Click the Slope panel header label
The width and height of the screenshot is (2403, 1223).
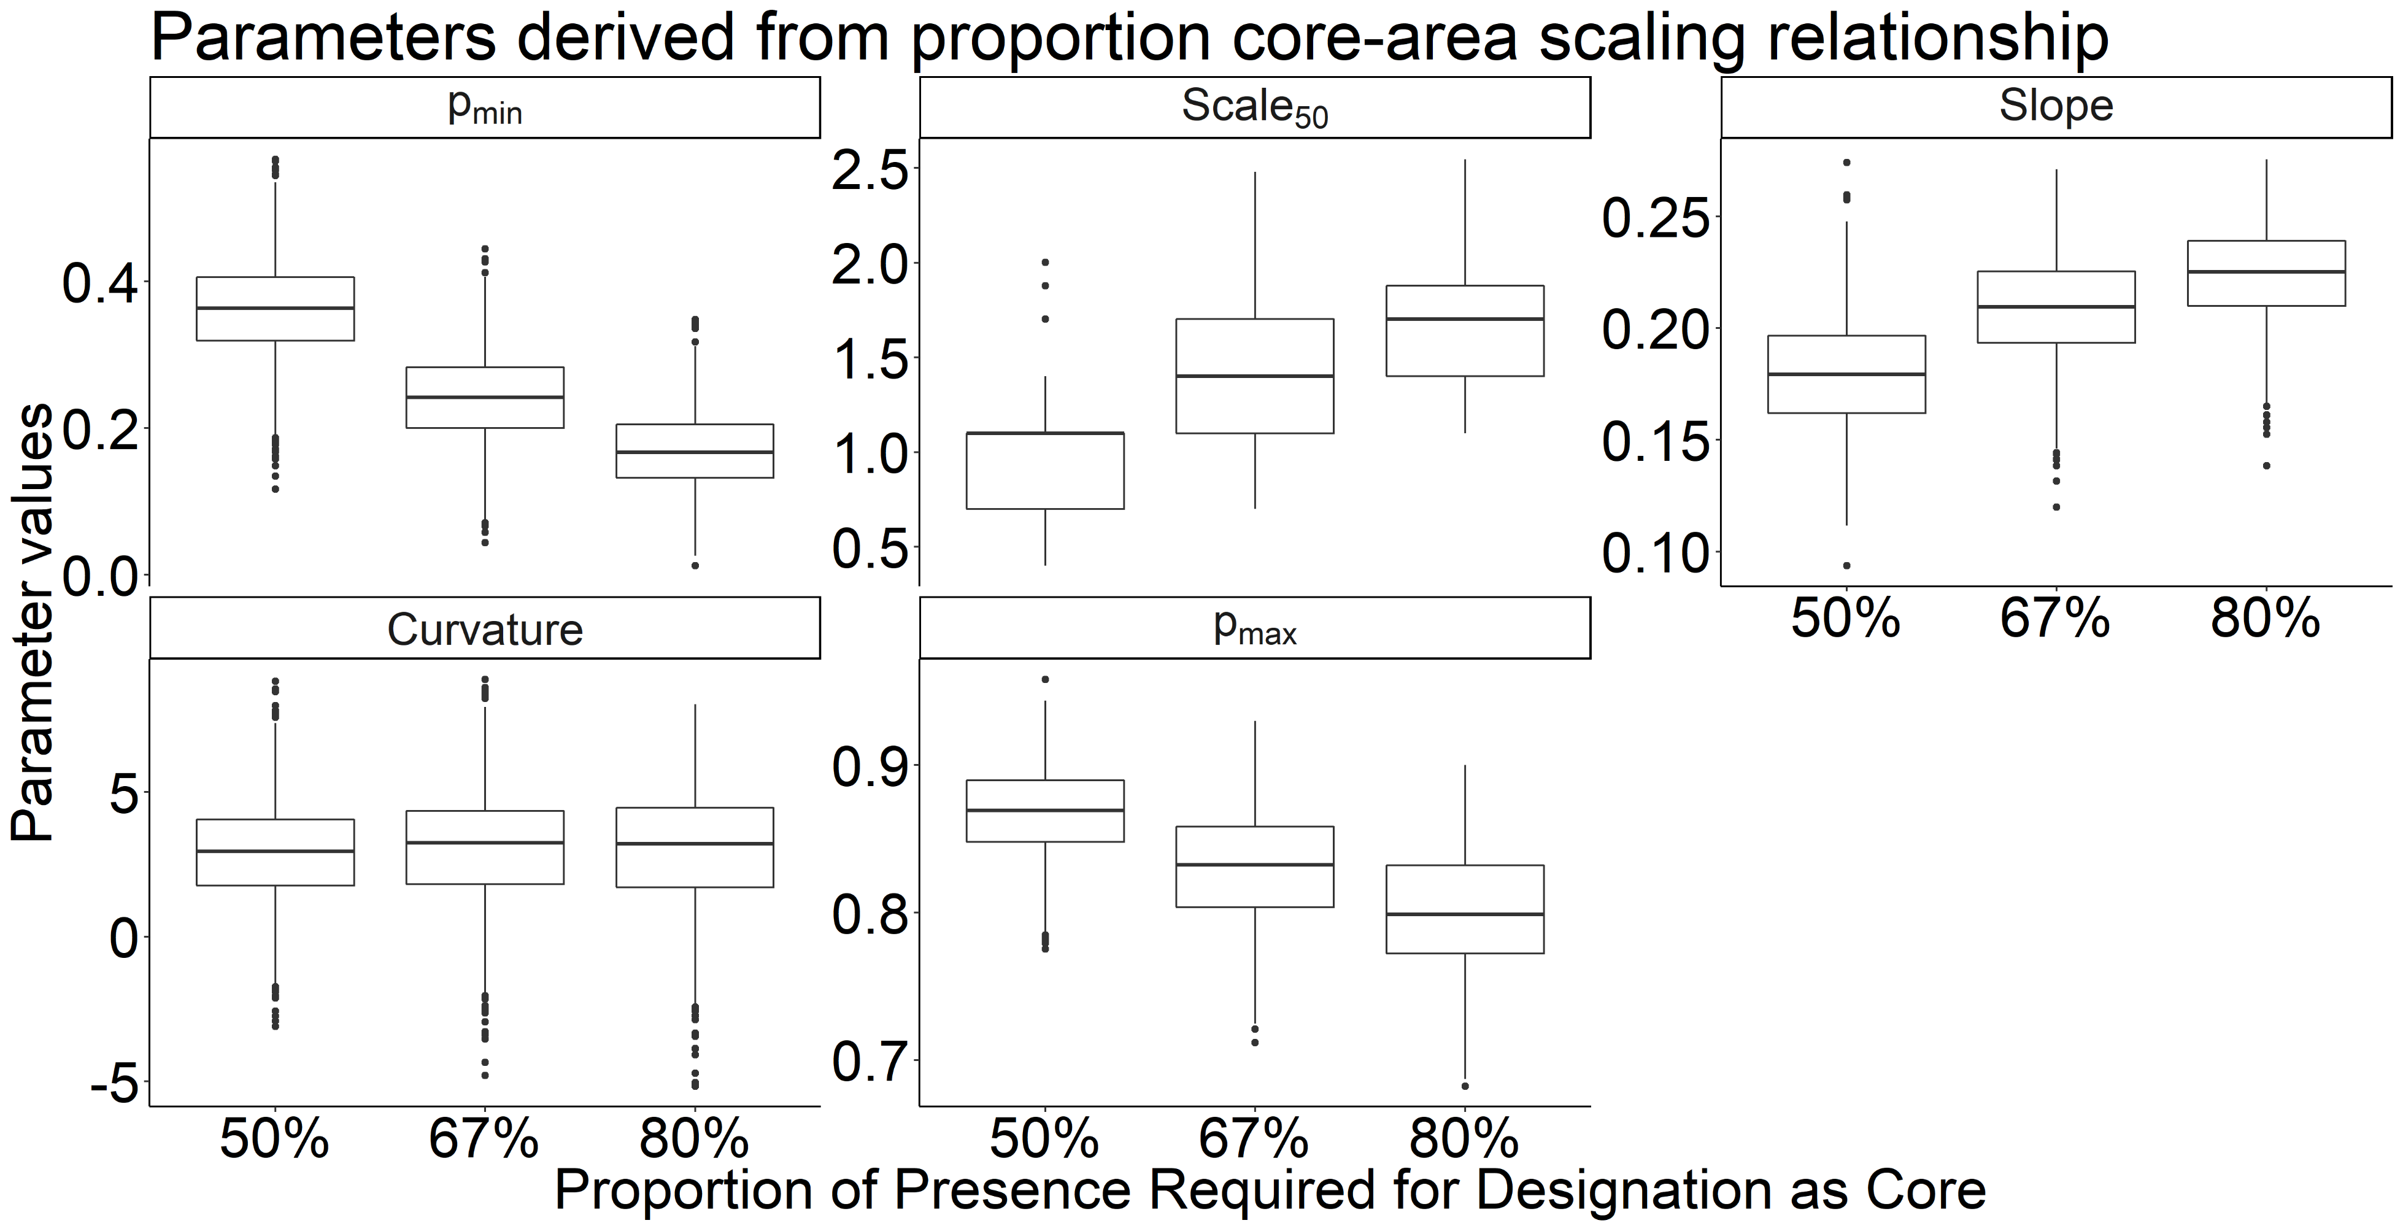2055,106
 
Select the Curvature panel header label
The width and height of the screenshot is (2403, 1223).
484,630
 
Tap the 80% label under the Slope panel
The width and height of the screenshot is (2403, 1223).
2265,619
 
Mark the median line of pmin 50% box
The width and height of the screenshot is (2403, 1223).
275,308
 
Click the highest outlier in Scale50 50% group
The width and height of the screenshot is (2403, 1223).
1045,262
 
